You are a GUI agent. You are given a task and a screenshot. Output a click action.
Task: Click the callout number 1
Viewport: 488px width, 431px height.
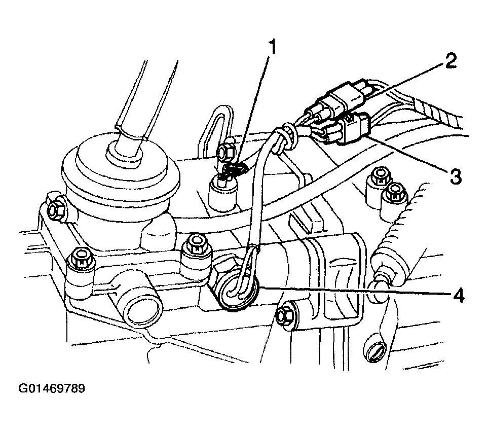coord(272,47)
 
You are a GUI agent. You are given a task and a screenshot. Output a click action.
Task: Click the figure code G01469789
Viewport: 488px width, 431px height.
coord(51,388)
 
